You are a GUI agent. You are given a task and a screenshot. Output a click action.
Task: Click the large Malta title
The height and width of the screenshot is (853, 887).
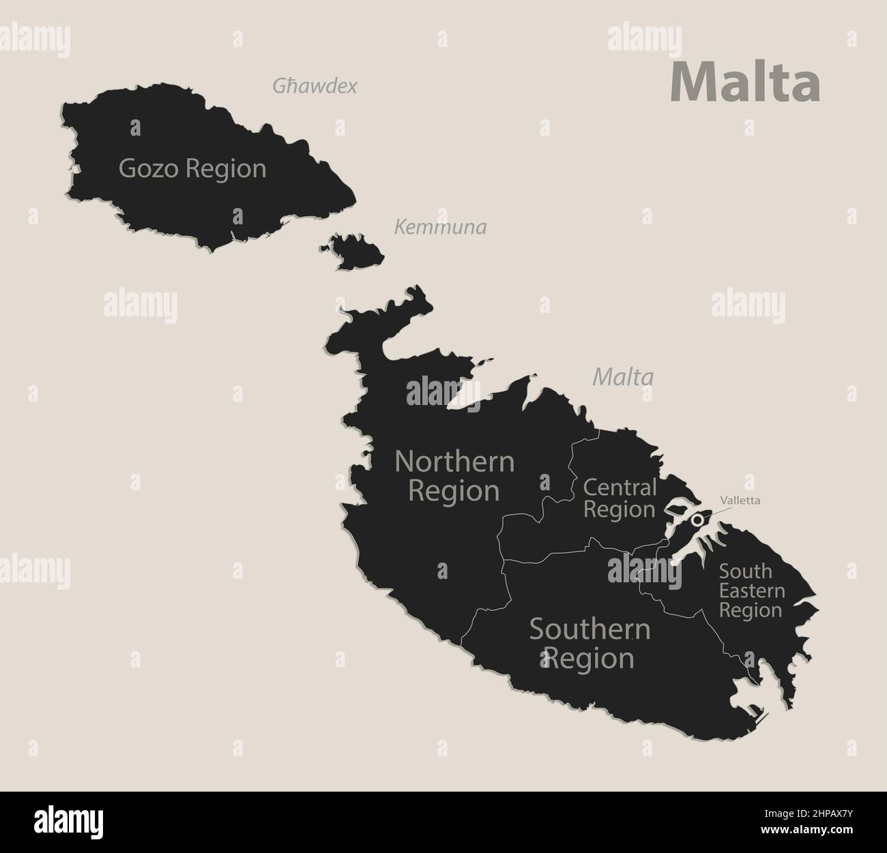pyautogui.click(x=745, y=82)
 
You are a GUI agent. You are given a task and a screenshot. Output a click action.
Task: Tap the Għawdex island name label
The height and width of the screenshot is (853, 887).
pyautogui.click(x=315, y=86)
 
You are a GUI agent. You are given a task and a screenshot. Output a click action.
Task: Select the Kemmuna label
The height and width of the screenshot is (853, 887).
pyautogui.click(x=441, y=227)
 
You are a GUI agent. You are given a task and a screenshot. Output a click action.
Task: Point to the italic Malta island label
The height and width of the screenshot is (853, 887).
pyautogui.click(x=623, y=376)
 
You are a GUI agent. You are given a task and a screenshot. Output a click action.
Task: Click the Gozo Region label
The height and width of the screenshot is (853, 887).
pyautogui.click(x=192, y=168)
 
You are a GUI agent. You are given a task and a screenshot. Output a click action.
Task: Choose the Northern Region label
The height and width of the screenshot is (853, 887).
pyautogui.click(x=454, y=476)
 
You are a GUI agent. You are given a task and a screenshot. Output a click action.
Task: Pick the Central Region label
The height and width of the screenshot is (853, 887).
pyautogui.click(x=620, y=498)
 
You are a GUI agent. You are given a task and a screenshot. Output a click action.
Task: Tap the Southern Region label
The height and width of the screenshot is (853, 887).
pyautogui.click(x=590, y=644)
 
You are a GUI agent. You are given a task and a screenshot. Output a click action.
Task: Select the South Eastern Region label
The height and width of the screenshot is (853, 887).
pyautogui.click(x=751, y=590)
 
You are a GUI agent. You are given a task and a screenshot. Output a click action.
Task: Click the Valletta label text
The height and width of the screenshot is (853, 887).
pyautogui.click(x=739, y=500)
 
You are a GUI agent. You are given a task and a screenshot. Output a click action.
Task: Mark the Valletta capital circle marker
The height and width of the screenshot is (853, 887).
pyautogui.click(x=697, y=520)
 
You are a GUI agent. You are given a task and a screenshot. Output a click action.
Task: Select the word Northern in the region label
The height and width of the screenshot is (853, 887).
pyautogui.click(x=454, y=462)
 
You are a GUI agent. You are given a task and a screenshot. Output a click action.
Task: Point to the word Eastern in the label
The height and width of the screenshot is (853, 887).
pyautogui.click(x=751, y=590)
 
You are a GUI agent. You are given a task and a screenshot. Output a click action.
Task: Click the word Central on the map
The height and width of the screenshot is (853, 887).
pyautogui.click(x=620, y=488)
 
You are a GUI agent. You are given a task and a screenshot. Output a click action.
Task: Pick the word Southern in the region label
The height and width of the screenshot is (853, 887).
pyautogui.click(x=590, y=629)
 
